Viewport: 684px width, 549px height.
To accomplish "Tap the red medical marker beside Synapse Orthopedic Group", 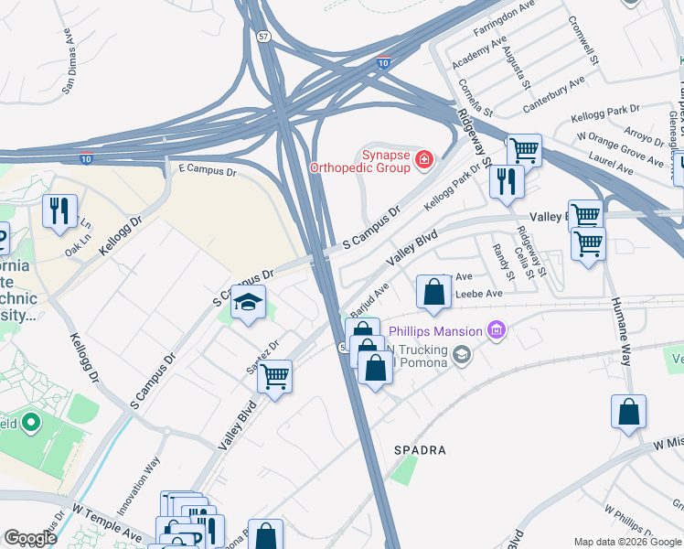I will [423, 161].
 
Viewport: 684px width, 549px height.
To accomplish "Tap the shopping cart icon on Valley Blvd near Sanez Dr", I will [274, 375].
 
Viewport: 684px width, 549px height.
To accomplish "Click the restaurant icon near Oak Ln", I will [59, 210].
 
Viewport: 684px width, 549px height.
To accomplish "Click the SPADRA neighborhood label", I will [420, 451].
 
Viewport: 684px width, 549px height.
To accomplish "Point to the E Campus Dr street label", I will [207, 170].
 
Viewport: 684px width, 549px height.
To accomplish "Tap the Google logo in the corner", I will [30, 539].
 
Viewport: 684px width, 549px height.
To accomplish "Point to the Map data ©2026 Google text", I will [627, 542].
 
